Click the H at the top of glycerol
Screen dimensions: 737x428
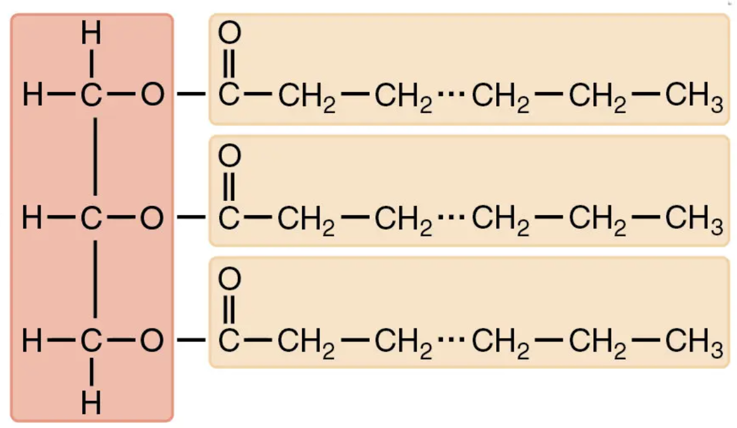click(91, 34)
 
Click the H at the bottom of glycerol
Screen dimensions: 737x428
click(91, 404)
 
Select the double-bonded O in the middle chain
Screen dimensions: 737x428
click(229, 157)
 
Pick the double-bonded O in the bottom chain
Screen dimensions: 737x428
click(229, 279)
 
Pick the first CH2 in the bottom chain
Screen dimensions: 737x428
click(305, 342)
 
